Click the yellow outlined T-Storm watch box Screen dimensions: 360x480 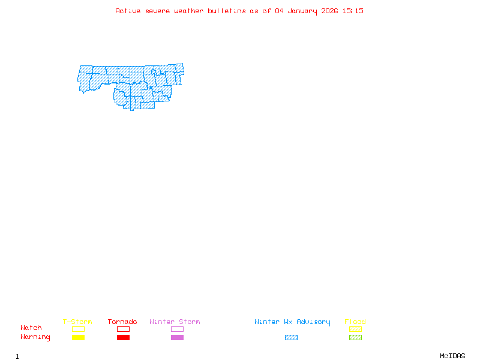point(78,329)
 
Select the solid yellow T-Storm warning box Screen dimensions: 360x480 point(78,338)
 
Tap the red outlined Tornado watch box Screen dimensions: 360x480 point(123,329)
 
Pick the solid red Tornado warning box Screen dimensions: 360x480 point(123,338)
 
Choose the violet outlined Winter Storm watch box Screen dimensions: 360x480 point(177,329)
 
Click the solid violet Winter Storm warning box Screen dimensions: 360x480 point(177,338)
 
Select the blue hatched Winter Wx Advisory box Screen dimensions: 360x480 point(291,338)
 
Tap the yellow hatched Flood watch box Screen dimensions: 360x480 point(355,329)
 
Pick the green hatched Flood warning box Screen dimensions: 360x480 point(355,338)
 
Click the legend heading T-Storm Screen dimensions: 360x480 point(77,322)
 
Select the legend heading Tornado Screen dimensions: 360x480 point(122,322)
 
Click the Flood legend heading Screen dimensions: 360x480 point(355,322)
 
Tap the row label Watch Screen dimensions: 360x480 point(31,328)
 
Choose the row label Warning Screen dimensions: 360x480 point(35,337)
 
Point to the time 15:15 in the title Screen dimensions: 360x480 point(353,11)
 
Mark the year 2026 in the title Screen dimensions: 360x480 point(330,11)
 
